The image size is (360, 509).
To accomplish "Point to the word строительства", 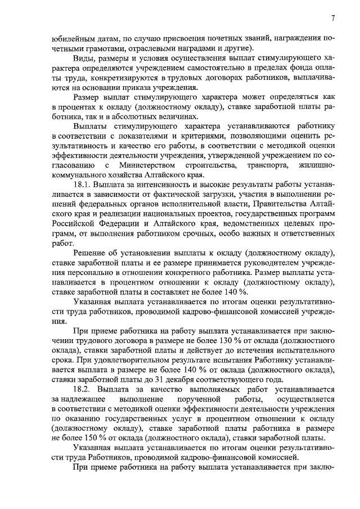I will [210, 165].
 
